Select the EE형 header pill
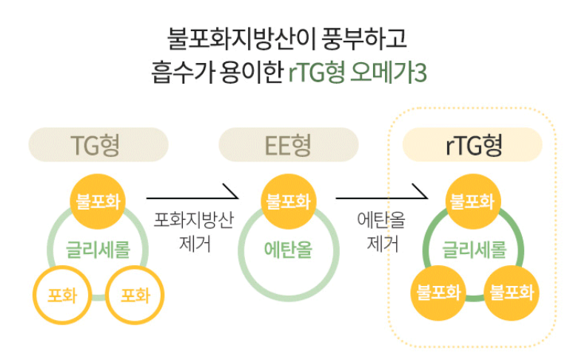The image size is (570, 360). point(289,144)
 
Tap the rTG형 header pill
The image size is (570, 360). point(473,144)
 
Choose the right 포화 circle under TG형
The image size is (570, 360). point(135,296)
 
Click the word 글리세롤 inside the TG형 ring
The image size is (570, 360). point(98,249)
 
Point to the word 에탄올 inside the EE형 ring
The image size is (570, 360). point(288,250)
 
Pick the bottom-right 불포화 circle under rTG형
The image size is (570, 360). point(512,291)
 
